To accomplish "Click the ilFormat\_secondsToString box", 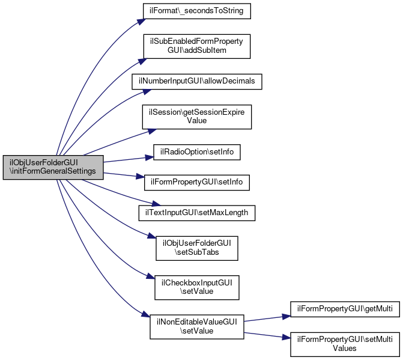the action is [197, 11].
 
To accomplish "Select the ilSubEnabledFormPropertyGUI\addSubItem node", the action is [197, 46].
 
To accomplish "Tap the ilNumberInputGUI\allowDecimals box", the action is [197, 82].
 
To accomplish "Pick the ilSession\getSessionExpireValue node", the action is [197, 117].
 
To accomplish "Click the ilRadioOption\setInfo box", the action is [197, 152].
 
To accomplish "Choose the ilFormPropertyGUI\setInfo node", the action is [197, 183].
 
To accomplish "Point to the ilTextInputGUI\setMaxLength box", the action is [197, 213].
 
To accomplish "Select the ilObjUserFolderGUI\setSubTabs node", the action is [197, 248].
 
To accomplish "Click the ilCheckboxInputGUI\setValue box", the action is [197, 287].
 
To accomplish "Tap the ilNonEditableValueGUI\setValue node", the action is [197, 326].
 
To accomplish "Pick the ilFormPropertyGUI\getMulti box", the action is [345, 309].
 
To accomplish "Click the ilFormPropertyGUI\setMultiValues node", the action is [345, 344].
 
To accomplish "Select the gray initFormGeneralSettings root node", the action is [53, 168].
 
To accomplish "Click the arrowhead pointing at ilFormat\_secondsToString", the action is [142, 22].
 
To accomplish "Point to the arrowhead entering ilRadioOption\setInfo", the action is [150, 157].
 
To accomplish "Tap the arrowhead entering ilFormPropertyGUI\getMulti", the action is [286, 317].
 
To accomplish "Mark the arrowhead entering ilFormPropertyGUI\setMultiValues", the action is [286, 337].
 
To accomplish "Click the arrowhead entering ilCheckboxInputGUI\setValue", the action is [151, 276].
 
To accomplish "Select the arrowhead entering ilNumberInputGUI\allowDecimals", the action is [147, 91].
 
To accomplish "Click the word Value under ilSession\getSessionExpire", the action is [197, 121].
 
